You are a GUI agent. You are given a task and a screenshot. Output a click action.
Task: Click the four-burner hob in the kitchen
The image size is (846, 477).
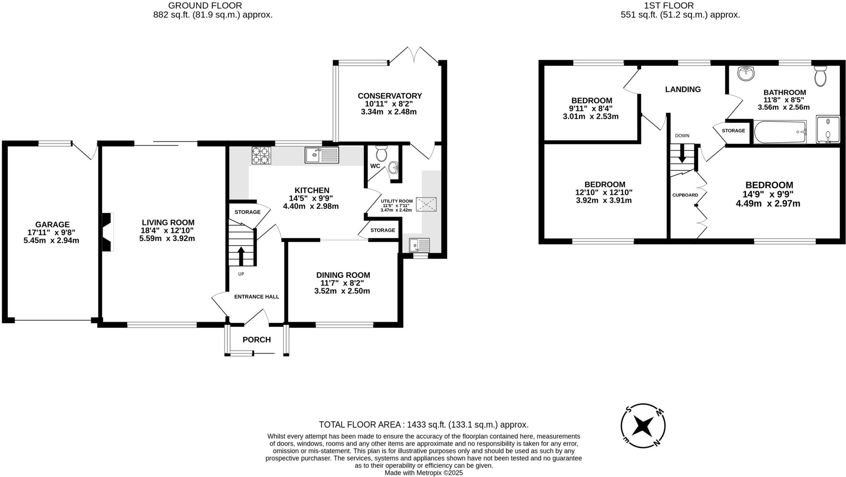[x=261, y=155]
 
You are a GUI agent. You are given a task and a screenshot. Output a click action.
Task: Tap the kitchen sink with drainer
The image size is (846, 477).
[x=321, y=155]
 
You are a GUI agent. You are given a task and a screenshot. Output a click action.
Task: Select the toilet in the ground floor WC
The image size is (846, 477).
[x=381, y=154]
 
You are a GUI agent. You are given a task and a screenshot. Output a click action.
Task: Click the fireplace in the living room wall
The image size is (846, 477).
[x=107, y=232]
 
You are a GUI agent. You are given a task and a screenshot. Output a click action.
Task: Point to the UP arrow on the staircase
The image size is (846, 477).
[x=241, y=255]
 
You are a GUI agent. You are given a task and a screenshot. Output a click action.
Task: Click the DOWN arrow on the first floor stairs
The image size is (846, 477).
[x=682, y=153]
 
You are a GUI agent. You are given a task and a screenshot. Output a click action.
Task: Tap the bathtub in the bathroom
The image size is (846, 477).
[x=779, y=132]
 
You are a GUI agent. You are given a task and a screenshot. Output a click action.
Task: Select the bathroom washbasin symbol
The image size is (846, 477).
[x=746, y=74]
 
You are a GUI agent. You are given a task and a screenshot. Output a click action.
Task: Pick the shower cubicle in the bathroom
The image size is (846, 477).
[x=828, y=129]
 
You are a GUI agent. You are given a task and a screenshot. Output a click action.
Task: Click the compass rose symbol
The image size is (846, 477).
[x=643, y=425]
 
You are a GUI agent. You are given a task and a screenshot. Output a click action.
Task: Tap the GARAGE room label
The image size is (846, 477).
[x=52, y=224]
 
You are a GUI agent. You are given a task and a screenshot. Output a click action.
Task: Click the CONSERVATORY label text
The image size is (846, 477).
[x=390, y=96]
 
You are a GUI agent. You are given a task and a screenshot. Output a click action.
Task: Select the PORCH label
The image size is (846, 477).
[x=257, y=340]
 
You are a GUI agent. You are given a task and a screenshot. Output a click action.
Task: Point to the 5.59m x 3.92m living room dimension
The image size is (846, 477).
[x=167, y=238]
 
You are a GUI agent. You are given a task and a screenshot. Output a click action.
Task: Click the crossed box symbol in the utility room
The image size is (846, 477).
[x=426, y=204]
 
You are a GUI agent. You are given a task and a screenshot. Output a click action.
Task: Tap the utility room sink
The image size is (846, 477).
[x=419, y=245]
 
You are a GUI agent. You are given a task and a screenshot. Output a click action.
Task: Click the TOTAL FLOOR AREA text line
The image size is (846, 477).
[x=423, y=425]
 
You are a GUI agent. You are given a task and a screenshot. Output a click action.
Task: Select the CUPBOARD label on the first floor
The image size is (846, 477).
[x=685, y=195]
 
